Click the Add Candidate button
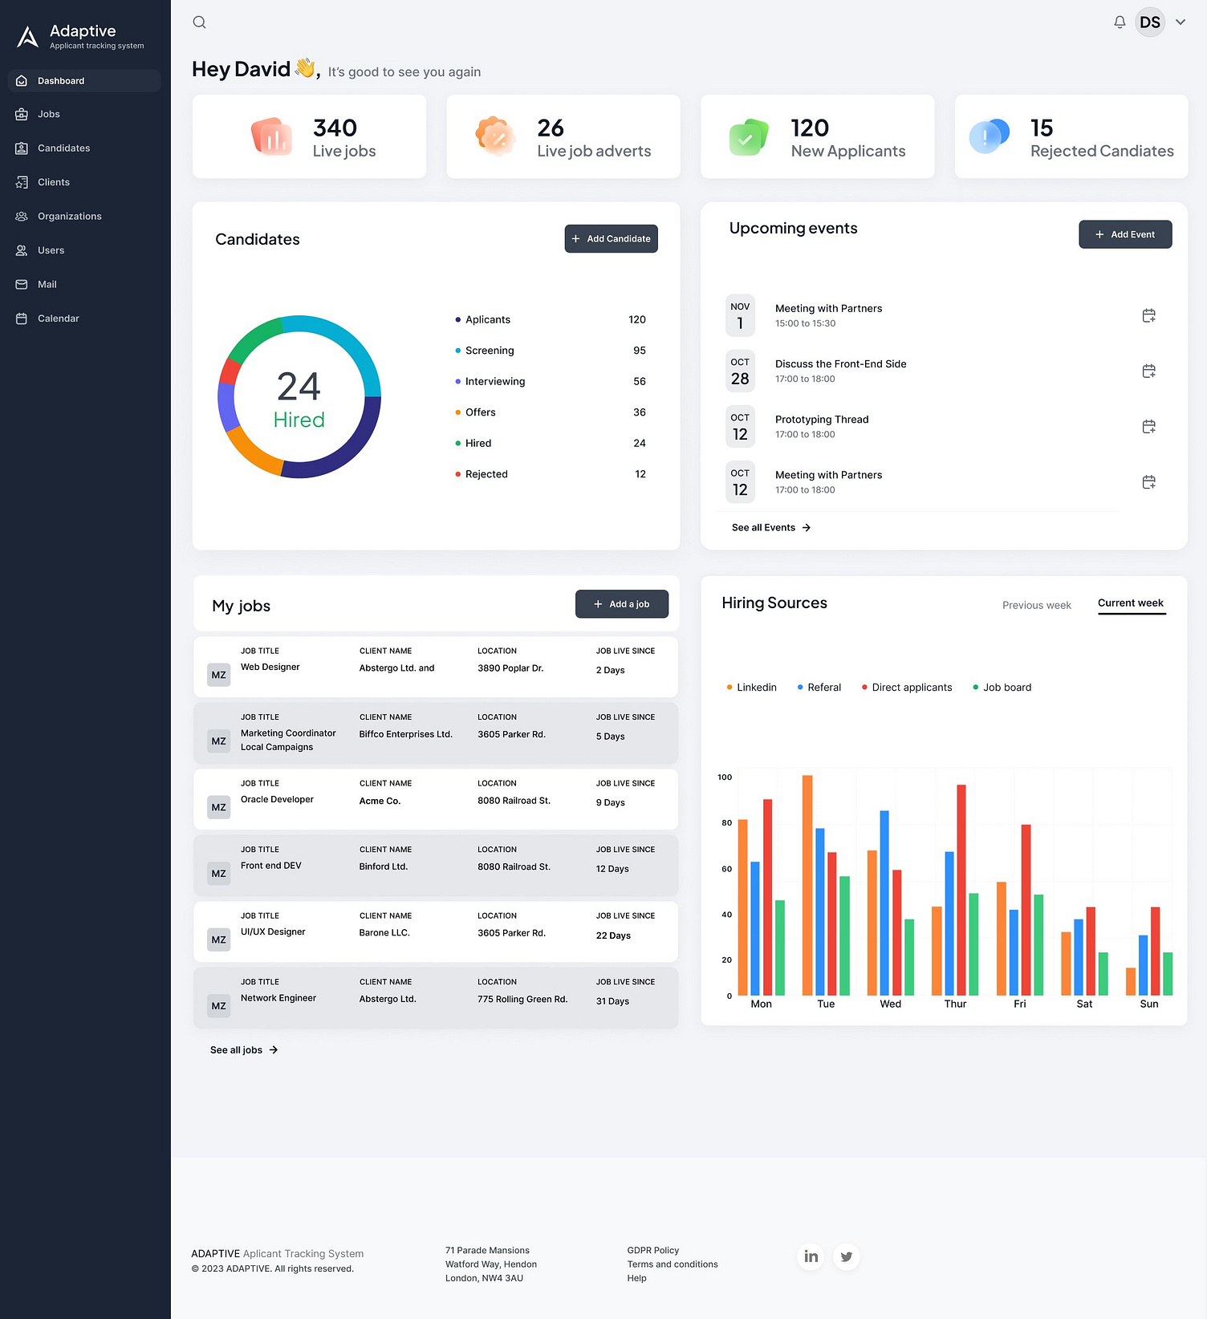tap(611, 238)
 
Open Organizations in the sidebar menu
tap(69, 217)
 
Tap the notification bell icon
tap(1120, 22)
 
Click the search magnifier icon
tap(200, 22)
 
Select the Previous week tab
tap(1036, 605)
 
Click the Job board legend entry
tap(1006, 688)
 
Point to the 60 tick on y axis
tap(726, 869)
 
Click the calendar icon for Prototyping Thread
tap(1148, 427)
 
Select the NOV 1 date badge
tap(740, 315)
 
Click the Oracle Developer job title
tap(277, 800)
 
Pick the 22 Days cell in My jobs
tap(613, 935)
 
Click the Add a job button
tap(621, 604)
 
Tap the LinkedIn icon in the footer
tap(811, 1256)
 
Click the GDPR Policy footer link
tap(652, 1250)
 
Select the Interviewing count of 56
tap(639, 382)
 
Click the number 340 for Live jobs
tap(335, 128)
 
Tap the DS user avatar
tap(1149, 22)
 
